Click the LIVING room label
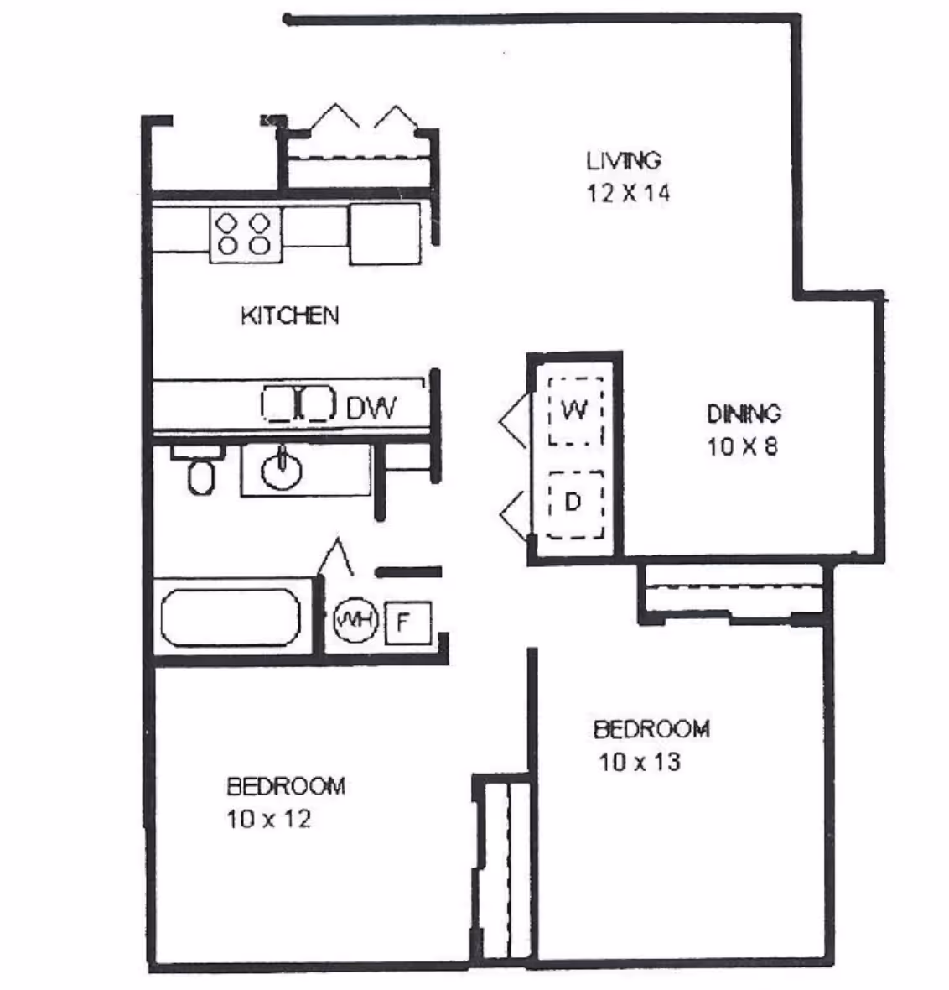623,159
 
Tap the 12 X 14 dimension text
628,193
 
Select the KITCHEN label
289,315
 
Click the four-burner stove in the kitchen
245,233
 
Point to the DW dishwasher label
371,408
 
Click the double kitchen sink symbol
299,403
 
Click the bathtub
230,617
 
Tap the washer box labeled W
574,409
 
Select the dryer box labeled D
574,503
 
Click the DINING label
744,414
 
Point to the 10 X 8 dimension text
743,446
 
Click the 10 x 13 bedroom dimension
639,763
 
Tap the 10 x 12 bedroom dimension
268,819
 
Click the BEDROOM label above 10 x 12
286,786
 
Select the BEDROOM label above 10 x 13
651,728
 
